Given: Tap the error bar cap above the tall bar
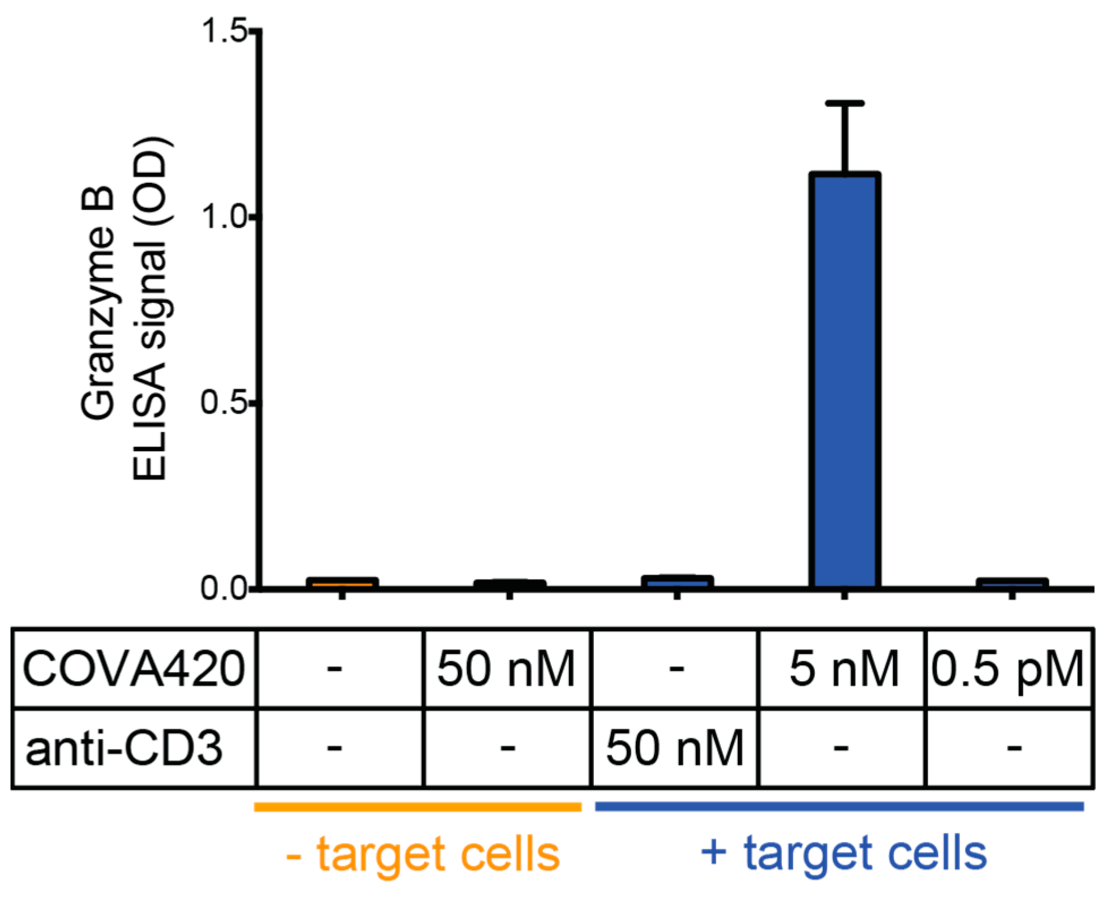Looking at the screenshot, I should click(x=844, y=103).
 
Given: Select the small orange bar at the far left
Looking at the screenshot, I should click(x=342, y=583).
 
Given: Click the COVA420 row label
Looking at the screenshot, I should click(x=134, y=669).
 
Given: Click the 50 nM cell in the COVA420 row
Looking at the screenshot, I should click(x=506, y=669).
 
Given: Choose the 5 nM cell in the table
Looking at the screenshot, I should click(x=843, y=669).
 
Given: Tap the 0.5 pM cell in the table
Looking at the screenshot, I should click(x=1008, y=669).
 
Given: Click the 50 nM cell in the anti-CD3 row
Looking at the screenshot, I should click(x=674, y=748).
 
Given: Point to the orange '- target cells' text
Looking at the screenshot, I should click(x=422, y=854).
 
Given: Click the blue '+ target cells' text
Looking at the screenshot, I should click(x=843, y=853).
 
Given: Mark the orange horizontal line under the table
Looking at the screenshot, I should click(x=418, y=807).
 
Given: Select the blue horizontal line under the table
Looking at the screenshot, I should click(x=839, y=806).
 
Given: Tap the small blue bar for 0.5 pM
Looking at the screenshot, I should click(x=1012, y=583).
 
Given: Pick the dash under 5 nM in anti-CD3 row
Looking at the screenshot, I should click(x=841, y=748).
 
